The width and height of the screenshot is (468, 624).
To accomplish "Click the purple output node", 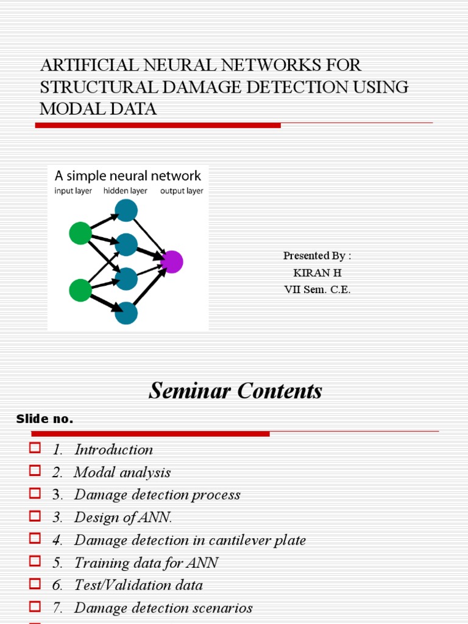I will pyautogui.click(x=172, y=261).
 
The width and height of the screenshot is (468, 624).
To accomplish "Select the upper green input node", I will pyautogui.click(x=80, y=233).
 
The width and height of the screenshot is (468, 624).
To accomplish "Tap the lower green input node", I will pyautogui.click(x=80, y=290).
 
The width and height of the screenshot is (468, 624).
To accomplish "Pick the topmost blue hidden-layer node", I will pyautogui.click(x=126, y=210).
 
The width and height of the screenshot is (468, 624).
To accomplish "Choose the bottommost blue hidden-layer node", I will pyautogui.click(x=126, y=313).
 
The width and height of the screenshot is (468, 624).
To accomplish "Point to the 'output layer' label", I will pyautogui.click(x=182, y=191).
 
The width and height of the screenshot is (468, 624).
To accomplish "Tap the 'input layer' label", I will pyautogui.click(x=73, y=191).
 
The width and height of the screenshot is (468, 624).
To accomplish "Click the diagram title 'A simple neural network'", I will pyautogui.click(x=128, y=176).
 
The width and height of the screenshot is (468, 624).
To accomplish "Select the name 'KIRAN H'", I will pyautogui.click(x=317, y=273).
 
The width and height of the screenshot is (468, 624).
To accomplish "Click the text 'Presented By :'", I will pyautogui.click(x=317, y=256).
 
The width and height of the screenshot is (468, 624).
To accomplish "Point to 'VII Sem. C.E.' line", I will pyautogui.click(x=317, y=290).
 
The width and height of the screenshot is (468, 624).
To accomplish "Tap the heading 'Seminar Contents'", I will pyautogui.click(x=235, y=391).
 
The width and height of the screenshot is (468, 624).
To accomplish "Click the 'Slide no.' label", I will pyautogui.click(x=44, y=419).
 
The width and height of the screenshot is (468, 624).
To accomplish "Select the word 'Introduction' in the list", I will pyautogui.click(x=113, y=450).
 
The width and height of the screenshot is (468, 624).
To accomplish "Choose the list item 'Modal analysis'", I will pyautogui.click(x=122, y=472).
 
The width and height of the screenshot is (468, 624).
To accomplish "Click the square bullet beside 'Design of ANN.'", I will pyautogui.click(x=34, y=516).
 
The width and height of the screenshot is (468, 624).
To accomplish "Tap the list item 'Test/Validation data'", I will pyautogui.click(x=138, y=585).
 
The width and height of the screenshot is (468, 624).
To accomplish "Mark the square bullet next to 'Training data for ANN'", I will pyautogui.click(x=34, y=561).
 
